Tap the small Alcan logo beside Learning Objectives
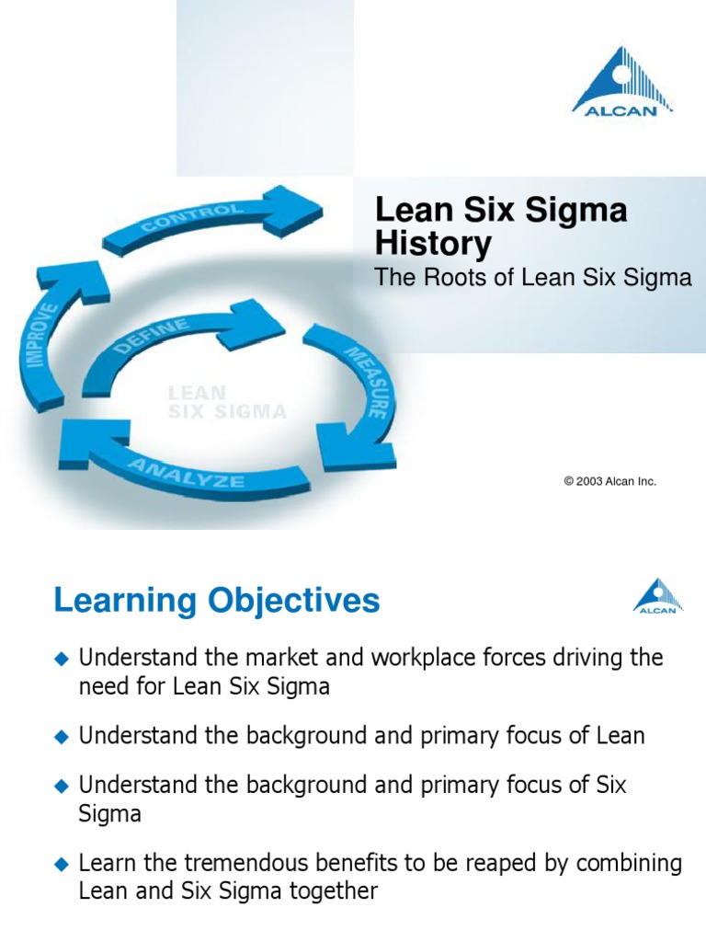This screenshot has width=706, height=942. (x=658, y=595)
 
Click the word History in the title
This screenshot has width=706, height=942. (x=433, y=244)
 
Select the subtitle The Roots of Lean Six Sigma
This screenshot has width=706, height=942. (x=533, y=278)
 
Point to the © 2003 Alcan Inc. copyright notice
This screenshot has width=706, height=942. (x=609, y=481)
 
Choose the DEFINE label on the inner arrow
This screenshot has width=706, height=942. (x=152, y=337)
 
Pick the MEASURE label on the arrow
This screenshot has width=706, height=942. (x=365, y=382)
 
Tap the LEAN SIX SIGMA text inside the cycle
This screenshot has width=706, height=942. (x=226, y=403)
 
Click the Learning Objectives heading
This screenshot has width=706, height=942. (x=217, y=601)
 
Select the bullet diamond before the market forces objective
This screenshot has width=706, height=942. (x=62, y=658)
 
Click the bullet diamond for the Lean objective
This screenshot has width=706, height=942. (x=62, y=736)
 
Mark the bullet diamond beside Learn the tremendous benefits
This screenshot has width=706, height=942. (x=62, y=864)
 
